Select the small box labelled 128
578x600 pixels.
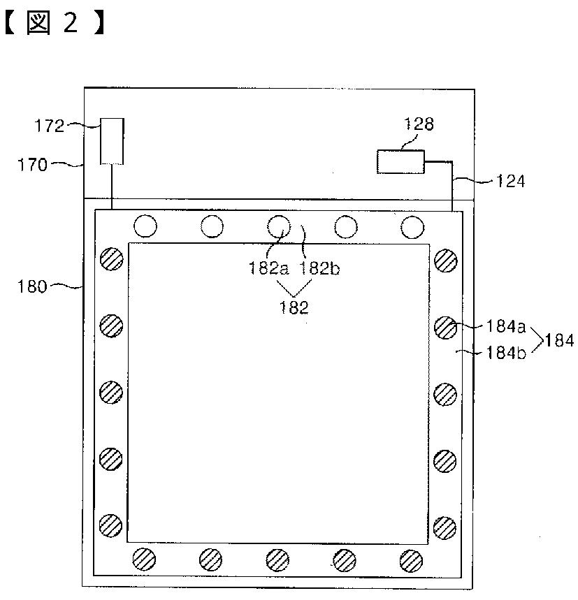coord(400,162)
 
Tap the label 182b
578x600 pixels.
coord(319,268)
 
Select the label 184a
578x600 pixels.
coord(505,325)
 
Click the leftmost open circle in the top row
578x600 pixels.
coord(145,226)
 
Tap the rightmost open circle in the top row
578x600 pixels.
coord(412,226)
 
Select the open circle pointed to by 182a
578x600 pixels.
coord(279,226)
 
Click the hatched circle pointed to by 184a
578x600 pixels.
coord(445,327)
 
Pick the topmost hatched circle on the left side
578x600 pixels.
coord(111,260)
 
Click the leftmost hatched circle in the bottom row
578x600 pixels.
coord(145,559)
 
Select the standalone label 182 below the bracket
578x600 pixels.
coord(294,307)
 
